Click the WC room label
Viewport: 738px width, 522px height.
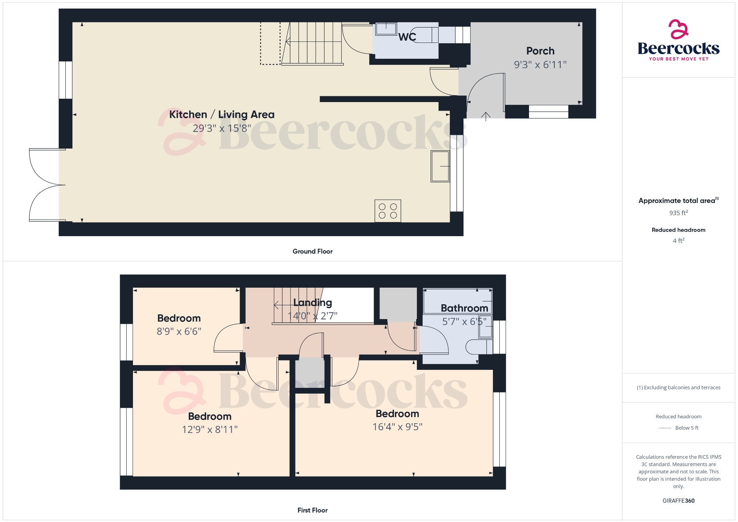[x=407, y=37]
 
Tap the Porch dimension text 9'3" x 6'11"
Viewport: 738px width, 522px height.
[x=540, y=65]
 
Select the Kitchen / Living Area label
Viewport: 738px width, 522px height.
[x=222, y=115]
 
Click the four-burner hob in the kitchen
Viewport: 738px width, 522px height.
[x=388, y=211]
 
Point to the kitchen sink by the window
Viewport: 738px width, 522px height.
[x=440, y=166]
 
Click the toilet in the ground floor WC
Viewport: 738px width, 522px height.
[x=426, y=35]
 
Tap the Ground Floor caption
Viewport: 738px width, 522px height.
[x=312, y=251]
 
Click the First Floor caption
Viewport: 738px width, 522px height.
[x=312, y=510]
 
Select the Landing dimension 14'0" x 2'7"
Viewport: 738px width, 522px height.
[x=312, y=316]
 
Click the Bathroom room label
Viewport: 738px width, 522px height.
[x=464, y=308]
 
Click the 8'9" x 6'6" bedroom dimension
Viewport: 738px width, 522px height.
[x=179, y=331]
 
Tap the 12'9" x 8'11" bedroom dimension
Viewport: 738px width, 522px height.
[x=210, y=429]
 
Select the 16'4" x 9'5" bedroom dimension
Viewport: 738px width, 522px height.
[x=397, y=427]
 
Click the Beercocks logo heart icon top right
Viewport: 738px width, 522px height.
[x=678, y=29]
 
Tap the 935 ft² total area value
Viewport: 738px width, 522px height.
[x=679, y=213]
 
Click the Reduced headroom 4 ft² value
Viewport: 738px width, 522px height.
[x=679, y=240]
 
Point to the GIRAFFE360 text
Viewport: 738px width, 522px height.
[x=679, y=501]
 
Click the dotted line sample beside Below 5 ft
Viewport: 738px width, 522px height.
[x=665, y=428]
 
